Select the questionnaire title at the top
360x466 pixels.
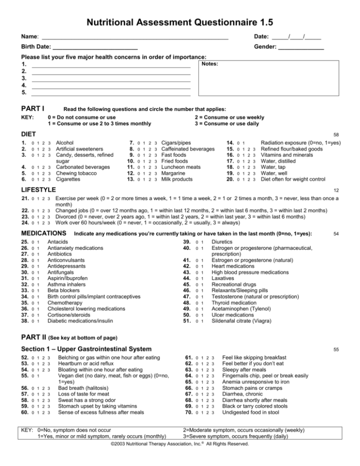coord(180,22)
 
